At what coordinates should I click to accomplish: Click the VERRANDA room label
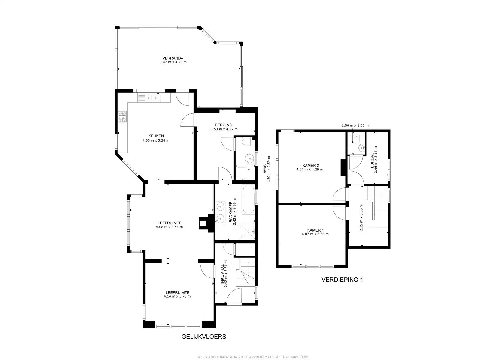tap(173, 58)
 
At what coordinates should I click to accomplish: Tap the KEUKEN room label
tap(156, 136)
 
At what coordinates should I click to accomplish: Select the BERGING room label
tap(223, 125)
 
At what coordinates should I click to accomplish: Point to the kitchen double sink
tap(149, 97)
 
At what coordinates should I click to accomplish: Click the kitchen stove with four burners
tap(122, 117)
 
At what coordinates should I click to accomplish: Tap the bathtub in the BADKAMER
tap(248, 199)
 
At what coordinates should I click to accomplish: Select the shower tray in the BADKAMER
tap(247, 231)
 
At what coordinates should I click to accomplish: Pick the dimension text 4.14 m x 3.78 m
tap(177, 296)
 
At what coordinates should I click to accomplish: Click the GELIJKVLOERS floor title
tap(203, 337)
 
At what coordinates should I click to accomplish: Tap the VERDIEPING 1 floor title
tap(342, 280)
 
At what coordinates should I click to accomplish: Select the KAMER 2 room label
tap(311, 165)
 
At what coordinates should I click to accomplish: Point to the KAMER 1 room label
tap(315, 230)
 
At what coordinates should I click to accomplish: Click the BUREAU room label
tap(372, 160)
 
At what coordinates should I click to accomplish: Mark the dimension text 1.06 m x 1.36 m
tap(355, 125)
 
